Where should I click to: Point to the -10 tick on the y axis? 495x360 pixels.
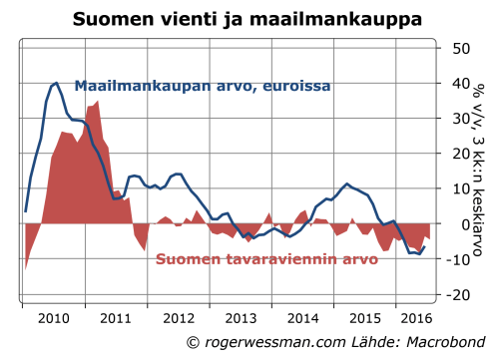(x=456, y=259)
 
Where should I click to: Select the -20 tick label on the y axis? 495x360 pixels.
(x=456, y=295)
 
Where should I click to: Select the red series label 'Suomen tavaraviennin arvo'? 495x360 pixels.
(x=266, y=261)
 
